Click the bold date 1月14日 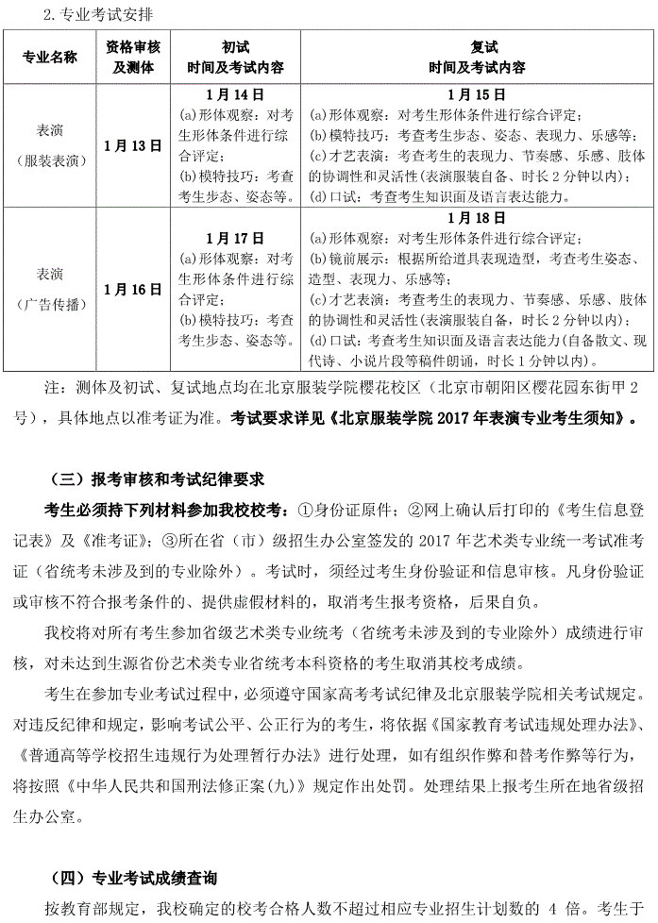coord(234,95)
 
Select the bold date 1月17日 coord(234,238)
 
